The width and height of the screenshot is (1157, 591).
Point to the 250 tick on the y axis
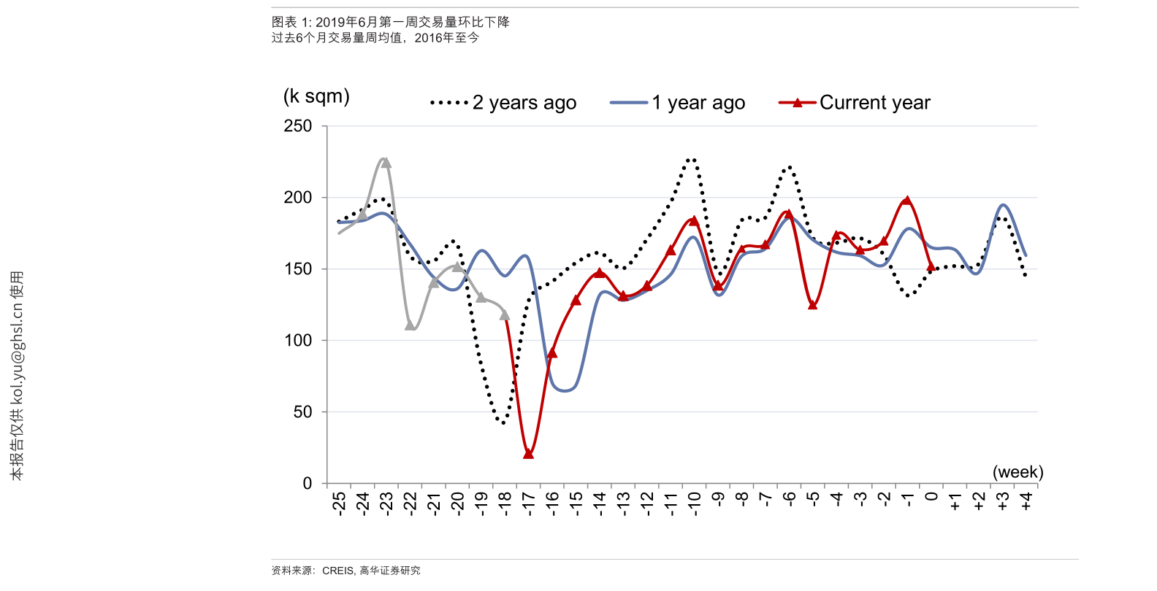298,126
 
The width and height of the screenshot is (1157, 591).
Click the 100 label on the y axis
298,341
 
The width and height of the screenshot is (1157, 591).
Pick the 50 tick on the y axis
302,412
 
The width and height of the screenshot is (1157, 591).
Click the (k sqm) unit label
316,96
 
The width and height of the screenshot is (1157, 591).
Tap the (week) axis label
1017,472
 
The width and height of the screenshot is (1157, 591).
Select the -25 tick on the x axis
339,503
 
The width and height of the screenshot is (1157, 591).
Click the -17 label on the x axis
529,503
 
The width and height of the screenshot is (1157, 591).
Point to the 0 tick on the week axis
931,497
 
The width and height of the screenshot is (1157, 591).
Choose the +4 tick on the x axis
1026,501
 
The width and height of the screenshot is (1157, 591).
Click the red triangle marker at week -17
529,454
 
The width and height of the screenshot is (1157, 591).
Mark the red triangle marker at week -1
907,200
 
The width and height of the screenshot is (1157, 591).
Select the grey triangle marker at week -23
386,162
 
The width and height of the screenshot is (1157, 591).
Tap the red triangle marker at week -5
813,305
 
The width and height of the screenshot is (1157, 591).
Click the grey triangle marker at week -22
410,325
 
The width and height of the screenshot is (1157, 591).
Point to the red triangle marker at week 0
931,267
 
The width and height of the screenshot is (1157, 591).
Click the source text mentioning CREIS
345,571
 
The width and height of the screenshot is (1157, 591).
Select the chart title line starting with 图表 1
390,23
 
